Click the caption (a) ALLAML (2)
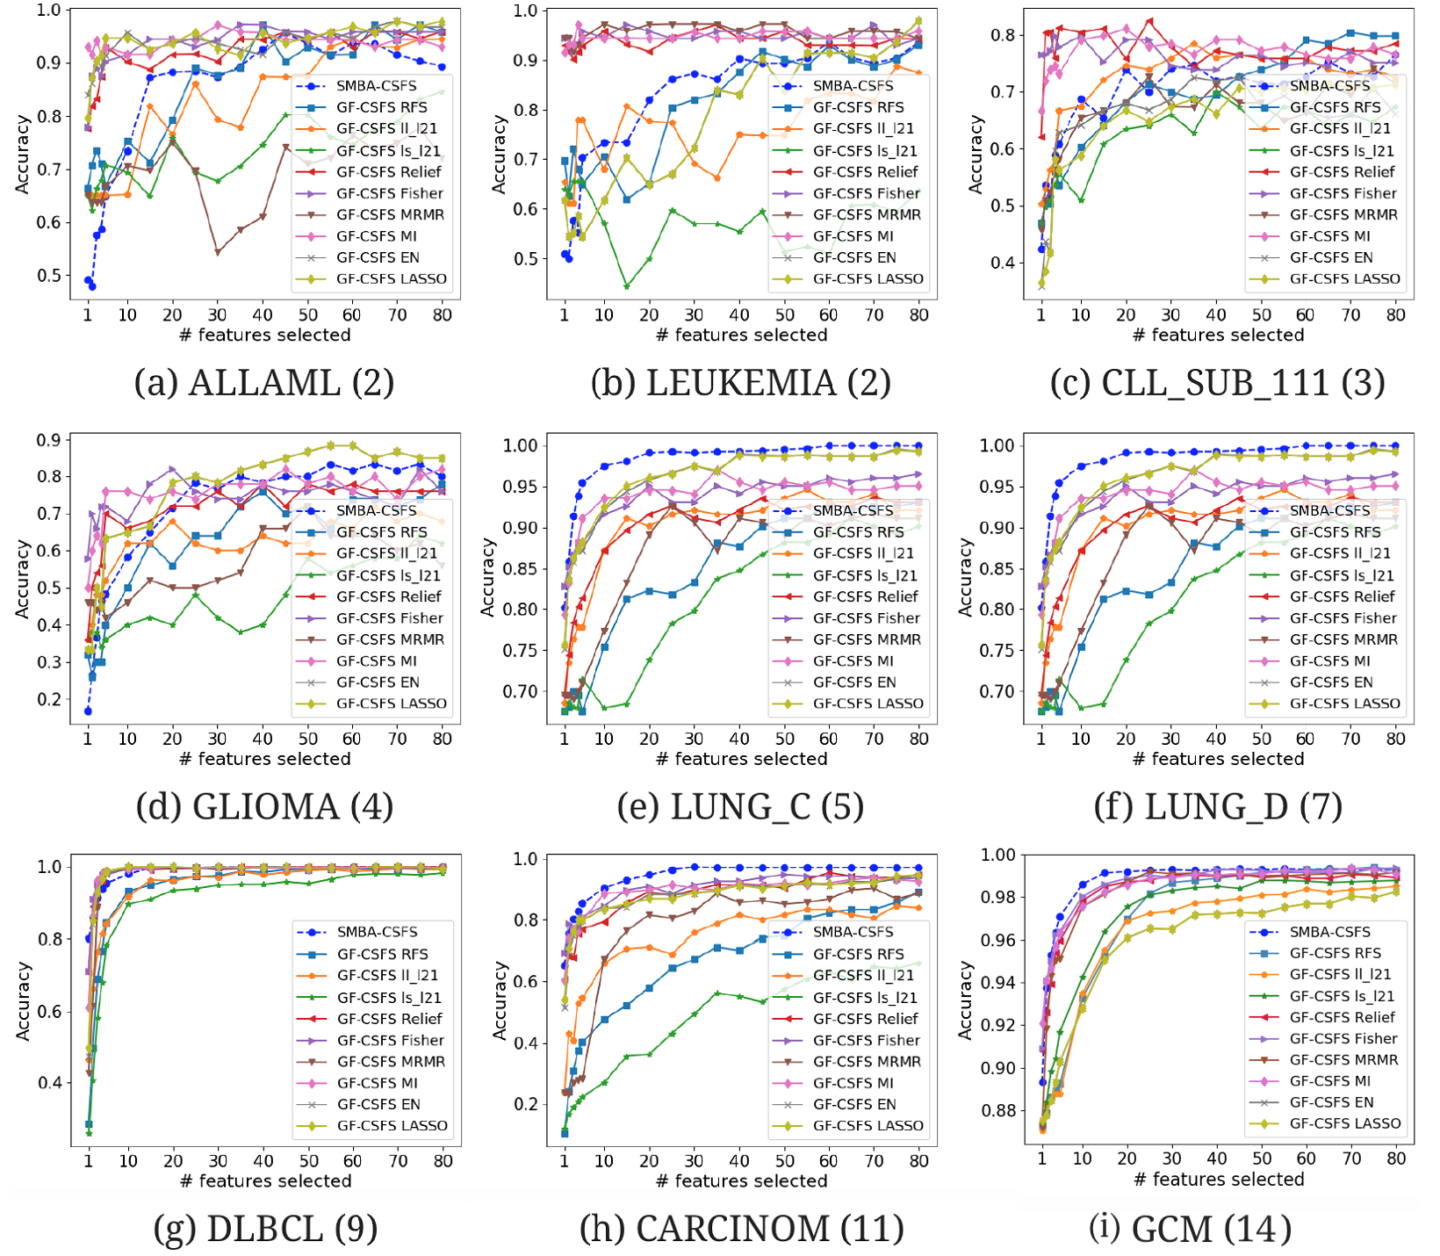point(263,383)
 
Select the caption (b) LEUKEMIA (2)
point(740,383)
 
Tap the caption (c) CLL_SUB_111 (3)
point(1217,383)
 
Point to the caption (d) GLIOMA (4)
point(263,806)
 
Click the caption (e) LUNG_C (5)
point(740,806)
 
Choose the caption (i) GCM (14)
point(1191,1229)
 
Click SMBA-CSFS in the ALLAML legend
point(377,86)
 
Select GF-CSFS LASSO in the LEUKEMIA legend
point(868,279)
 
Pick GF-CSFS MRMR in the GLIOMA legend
point(390,639)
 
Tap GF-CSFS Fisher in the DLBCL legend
point(391,1040)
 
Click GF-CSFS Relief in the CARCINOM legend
point(866,1019)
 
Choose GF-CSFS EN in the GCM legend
point(1331,1102)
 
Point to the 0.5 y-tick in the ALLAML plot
point(49,276)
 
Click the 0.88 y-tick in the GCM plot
point(997,1111)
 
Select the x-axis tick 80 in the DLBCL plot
point(443,1160)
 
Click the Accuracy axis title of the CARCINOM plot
point(500,1000)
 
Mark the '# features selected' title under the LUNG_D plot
point(1218,759)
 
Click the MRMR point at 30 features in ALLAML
point(218,252)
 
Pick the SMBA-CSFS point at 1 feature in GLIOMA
point(88,711)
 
